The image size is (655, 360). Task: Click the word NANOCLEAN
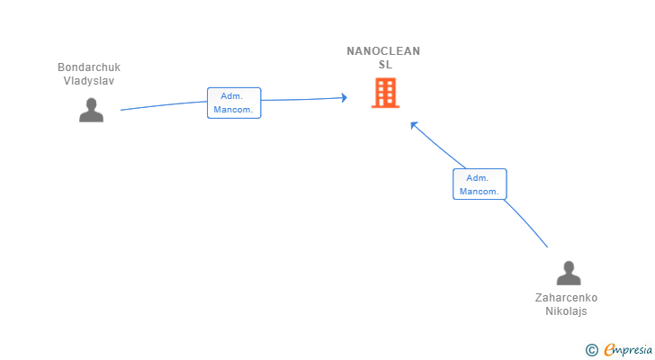(383, 51)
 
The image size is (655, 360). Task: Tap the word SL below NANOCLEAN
(385, 65)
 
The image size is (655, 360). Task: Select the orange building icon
(385, 93)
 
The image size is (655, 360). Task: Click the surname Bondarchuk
(89, 67)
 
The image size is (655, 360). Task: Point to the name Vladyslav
(89, 80)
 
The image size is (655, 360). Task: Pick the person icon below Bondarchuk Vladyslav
(91, 110)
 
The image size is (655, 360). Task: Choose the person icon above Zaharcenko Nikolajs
(569, 273)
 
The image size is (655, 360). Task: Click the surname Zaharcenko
(566, 298)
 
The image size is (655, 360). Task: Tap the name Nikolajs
(566, 311)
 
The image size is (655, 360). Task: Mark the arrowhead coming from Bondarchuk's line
(344, 97)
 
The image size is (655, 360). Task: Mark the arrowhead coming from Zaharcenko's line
(414, 124)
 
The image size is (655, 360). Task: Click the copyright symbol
(591, 349)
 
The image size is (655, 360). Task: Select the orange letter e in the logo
(609, 349)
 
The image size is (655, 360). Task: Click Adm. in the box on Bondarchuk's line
(234, 96)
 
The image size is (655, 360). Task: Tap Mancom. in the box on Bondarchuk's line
(234, 110)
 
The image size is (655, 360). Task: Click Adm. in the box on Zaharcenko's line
(480, 177)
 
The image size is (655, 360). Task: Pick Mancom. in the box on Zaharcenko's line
(480, 191)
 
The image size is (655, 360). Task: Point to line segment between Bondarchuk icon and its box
(162, 105)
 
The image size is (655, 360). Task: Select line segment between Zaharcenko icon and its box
(526, 222)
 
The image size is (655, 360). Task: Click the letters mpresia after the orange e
(633, 349)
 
